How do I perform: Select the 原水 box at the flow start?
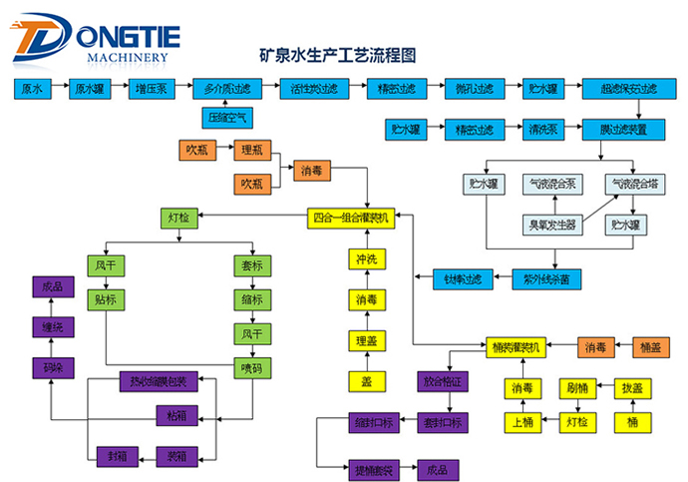click(x=32, y=89)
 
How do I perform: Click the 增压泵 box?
click(x=150, y=89)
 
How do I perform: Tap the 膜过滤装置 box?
click(x=624, y=129)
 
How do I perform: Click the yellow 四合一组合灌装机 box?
click(x=352, y=216)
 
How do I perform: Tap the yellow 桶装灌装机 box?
click(x=516, y=347)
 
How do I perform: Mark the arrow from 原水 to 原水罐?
click(x=57, y=89)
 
